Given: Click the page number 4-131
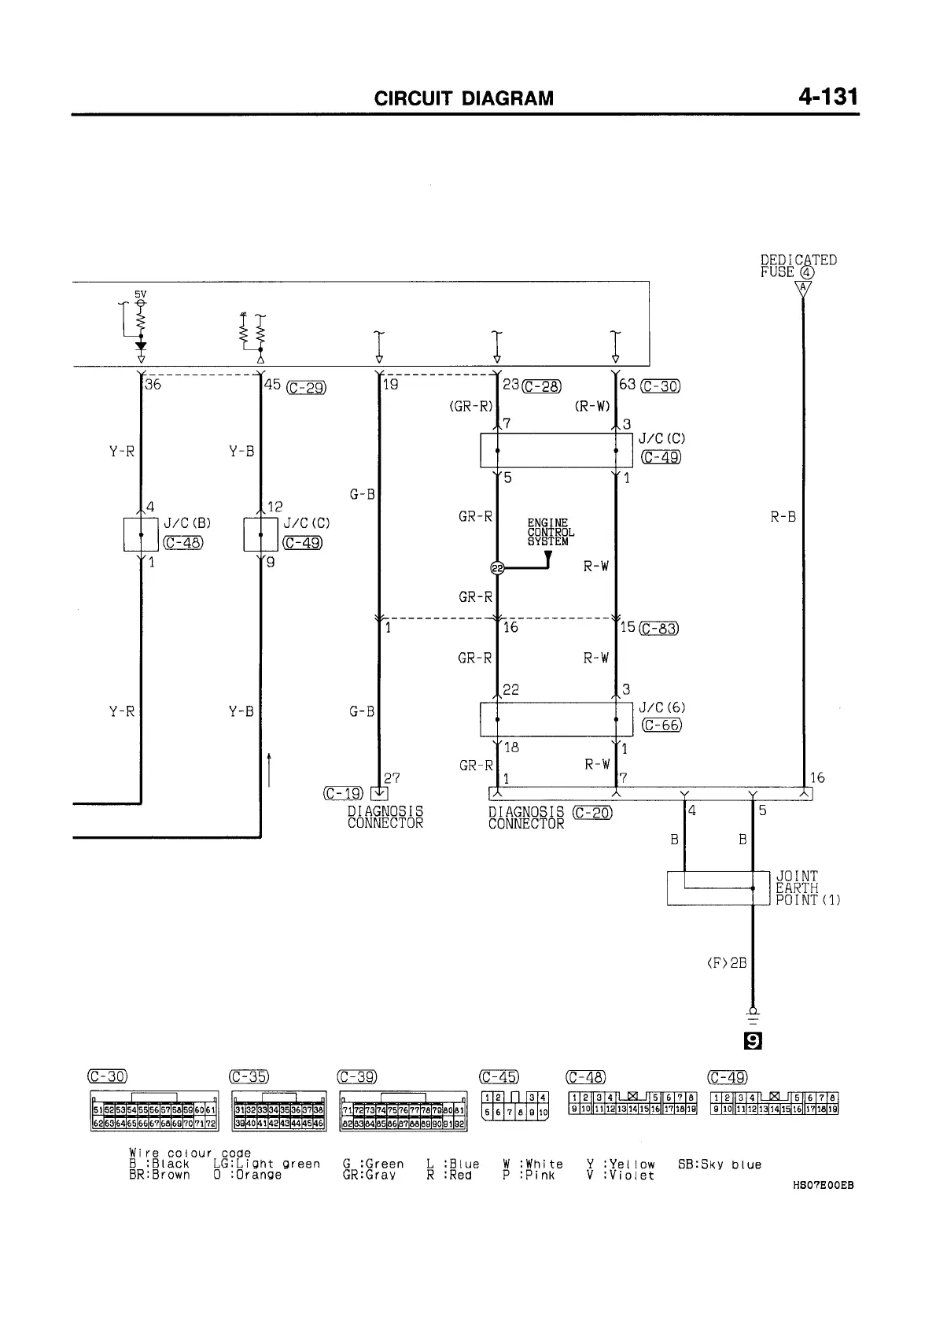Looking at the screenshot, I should [x=827, y=97].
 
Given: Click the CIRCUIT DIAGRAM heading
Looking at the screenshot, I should [x=464, y=98].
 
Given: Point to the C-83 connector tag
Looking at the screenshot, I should [x=660, y=628].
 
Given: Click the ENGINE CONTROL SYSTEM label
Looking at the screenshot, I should [x=550, y=533].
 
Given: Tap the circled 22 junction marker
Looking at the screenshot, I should [x=497, y=569].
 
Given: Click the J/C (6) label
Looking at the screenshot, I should [x=662, y=708].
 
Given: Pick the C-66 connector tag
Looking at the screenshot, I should [x=661, y=725].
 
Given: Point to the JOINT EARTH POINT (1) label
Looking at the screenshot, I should [x=808, y=888].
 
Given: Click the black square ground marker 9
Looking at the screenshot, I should [x=753, y=1041].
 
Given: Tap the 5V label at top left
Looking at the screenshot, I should [x=140, y=294].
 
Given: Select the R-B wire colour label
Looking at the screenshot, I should [x=783, y=517].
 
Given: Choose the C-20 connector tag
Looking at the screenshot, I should [x=592, y=814].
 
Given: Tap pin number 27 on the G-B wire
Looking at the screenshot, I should [x=392, y=778].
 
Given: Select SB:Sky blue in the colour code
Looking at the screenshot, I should [x=719, y=1164].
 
